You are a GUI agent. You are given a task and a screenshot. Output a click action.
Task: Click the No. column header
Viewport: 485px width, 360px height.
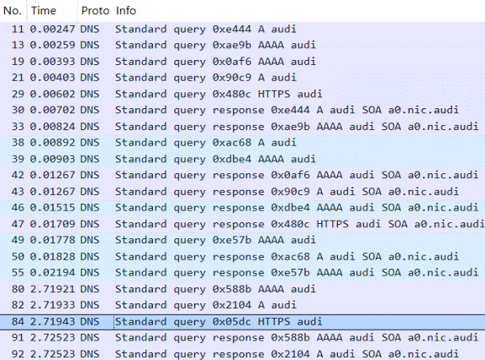point(13,11)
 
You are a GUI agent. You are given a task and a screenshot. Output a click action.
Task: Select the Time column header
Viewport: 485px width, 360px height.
point(43,11)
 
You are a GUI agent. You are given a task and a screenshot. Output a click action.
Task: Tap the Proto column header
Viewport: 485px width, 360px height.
point(95,11)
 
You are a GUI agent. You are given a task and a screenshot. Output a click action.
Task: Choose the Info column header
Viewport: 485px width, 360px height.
point(126,11)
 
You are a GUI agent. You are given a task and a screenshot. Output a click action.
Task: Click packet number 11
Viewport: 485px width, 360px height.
point(18,29)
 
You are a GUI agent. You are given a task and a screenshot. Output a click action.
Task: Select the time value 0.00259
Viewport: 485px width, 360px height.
point(52,45)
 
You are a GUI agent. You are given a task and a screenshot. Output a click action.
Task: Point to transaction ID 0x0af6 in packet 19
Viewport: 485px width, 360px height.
point(232,62)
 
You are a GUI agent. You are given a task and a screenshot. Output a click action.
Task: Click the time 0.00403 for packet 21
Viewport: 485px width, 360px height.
point(52,78)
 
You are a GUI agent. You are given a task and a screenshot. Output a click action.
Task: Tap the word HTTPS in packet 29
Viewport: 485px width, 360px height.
point(274,94)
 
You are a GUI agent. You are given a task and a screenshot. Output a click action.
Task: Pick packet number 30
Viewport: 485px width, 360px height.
point(18,110)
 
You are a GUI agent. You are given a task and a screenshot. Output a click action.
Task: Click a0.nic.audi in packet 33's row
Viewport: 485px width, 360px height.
point(443,127)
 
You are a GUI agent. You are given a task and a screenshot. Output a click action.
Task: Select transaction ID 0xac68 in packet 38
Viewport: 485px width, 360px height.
point(232,143)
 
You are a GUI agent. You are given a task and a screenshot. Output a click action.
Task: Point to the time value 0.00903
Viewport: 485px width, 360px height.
point(52,159)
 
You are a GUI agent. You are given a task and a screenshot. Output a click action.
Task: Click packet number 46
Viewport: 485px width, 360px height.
point(18,208)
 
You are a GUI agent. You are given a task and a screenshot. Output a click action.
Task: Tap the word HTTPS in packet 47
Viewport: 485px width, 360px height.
point(332,224)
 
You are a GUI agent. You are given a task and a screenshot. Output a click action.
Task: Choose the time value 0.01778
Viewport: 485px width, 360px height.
point(52,240)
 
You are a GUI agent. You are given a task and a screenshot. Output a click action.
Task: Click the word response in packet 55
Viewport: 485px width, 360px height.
point(238,272)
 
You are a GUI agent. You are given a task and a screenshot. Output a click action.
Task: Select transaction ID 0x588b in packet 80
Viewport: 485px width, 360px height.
point(232,289)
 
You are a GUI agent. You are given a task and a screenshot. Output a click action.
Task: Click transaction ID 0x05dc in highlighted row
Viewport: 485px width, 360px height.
point(232,322)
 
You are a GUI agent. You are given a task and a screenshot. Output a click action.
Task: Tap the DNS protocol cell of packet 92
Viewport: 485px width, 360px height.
point(90,354)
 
